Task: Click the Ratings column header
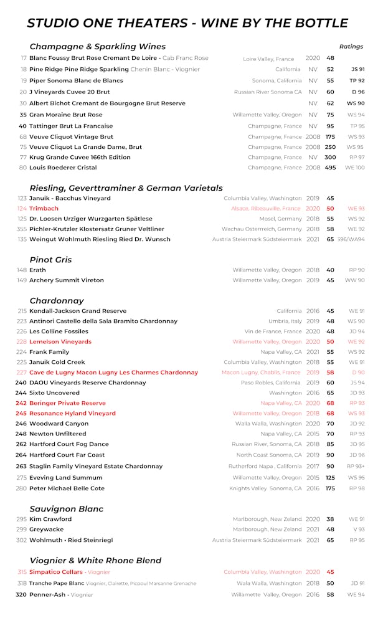point(351,47)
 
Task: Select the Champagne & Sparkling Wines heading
point(98,47)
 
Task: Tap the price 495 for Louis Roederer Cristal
point(330,168)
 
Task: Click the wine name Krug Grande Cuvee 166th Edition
point(80,158)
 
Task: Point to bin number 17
point(23,58)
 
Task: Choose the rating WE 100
point(355,168)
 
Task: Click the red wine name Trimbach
point(44,209)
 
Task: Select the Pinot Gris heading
point(50,260)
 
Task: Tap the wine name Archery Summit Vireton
point(67,280)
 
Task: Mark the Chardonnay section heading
point(57,301)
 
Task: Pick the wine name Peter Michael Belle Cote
point(67,488)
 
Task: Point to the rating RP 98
point(357,488)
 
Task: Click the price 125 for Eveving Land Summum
point(330,478)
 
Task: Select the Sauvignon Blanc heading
point(67,509)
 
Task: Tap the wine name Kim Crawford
point(50,519)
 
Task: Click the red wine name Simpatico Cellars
point(56,572)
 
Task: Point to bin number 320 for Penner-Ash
point(21,595)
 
